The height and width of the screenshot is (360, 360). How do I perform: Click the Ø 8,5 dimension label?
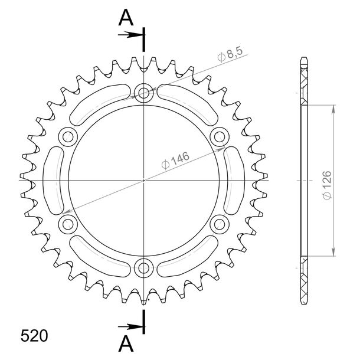pos(230,55)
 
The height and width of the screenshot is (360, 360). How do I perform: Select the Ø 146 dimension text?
pos(175,161)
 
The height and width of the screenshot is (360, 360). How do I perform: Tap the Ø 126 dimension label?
pos(327,185)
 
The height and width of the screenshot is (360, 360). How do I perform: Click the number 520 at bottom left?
pos(34,336)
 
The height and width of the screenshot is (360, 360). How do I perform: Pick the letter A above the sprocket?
pos(126,18)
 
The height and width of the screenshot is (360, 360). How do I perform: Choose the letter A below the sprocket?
pos(126,343)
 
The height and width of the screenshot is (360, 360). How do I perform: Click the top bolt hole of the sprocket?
pos(144,93)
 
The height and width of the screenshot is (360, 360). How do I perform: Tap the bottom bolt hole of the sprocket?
pos(144,267)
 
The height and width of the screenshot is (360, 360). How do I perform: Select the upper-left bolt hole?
pos(68,137)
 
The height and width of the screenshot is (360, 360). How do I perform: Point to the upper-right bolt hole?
pos(220,137)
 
